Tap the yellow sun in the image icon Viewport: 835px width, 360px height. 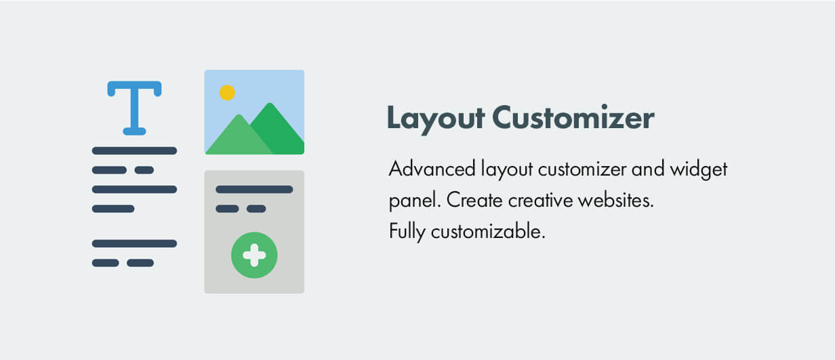227,92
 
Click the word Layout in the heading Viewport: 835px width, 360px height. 435,118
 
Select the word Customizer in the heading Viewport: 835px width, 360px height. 573,118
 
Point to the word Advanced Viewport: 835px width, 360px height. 431,169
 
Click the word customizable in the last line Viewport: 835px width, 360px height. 488,232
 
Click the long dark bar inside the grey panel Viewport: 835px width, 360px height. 254,189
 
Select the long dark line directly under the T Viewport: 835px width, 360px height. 134,151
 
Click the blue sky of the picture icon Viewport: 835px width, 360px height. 271,85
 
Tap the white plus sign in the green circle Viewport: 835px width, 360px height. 254,256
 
